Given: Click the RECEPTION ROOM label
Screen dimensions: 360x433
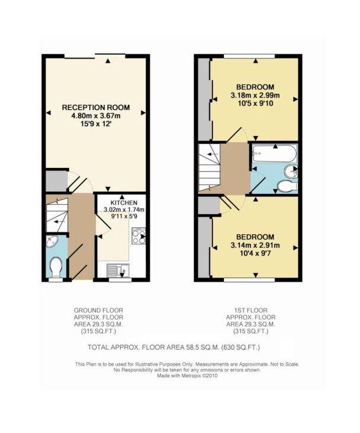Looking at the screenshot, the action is pyautogui.click(x=96, y=108).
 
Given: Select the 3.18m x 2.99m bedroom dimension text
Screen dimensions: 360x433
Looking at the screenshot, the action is pyautogui.click(x=255, y=96).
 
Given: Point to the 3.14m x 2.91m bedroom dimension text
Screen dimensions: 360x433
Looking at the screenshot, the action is pyautogui.click(x=255, y=245).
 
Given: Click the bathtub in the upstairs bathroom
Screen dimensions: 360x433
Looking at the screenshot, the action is pyautogui.click(x=275, y=154).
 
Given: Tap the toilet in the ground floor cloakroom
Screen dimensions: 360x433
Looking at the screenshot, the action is pyautogui.click(x=56, y=267).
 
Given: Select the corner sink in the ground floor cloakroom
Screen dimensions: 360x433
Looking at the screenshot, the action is pyautogui.click(x=52, y=241).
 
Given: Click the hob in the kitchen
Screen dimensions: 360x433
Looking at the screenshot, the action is pyautogui.click(x=139, y=236).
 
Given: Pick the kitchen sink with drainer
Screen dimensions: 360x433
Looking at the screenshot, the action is pyautogui.click(x=118, y=271).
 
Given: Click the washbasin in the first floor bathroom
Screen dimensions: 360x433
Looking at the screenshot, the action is pyautogui.click(x=291, y=171).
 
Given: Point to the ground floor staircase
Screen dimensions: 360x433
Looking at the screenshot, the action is pyautogui.click(x=57, y=215).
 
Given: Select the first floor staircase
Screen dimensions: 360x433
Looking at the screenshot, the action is pyautogui.click(x=209, y=167).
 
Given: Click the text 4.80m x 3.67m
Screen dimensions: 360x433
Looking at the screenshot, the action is pyautogui.click(x=96, y=116).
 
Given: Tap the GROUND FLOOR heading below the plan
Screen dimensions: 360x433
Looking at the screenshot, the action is pyautogui.click(x=98, y=311).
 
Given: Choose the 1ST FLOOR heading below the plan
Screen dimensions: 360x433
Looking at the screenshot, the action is pyautogui.click(x=251, y=311).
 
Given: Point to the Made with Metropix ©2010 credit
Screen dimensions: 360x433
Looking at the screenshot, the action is pyautogui.click(x=187, y=376).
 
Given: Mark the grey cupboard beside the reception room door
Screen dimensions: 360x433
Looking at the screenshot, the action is pyautogui.click(x=56, y=181).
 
